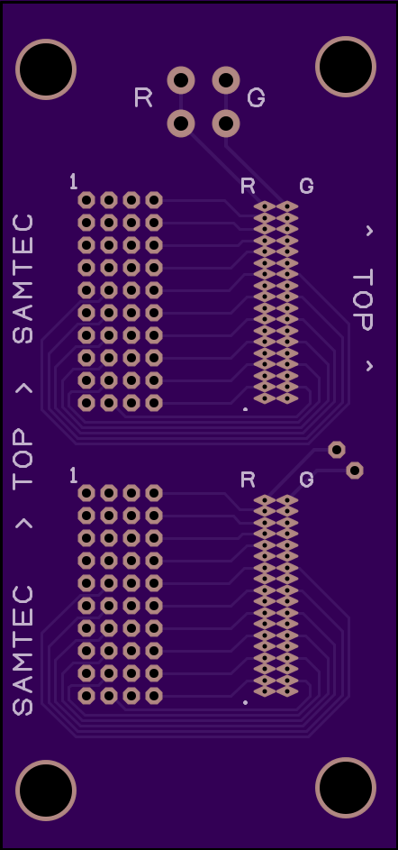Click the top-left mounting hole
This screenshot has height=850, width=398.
coord(46,69)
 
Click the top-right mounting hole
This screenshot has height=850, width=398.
coord(346,67)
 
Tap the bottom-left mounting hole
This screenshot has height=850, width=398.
coord(46,791)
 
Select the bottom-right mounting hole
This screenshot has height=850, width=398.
coord(346,788)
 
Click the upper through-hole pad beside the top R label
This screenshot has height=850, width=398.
coord(181,80)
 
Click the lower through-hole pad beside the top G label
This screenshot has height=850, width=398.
coord(226,123)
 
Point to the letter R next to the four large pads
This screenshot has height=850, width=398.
coord(143,97)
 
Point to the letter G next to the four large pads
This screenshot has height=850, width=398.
coord(256,97)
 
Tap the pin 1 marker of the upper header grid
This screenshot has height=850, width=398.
coord(74,182)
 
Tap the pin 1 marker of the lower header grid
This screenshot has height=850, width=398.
coord(74,476)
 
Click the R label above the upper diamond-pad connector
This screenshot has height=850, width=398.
coord(248,186)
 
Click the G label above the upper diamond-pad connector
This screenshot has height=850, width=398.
coord(306,186)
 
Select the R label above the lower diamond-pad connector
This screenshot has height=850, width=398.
coord(248,480)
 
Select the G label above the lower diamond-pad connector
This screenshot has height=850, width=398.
coord(306,480)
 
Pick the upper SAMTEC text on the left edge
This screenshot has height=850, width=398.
coord(23,279)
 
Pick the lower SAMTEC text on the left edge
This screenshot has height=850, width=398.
coord(23,651)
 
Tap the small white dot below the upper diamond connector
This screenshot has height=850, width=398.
coord(245,409)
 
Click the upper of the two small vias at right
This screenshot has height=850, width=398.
coord(337,450)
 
